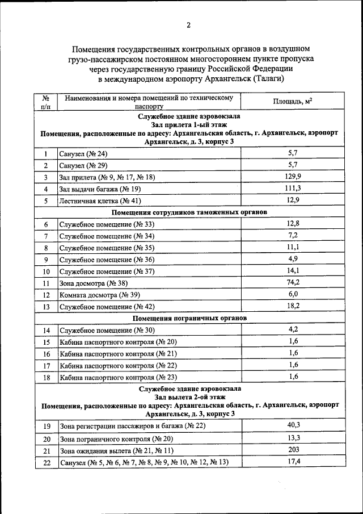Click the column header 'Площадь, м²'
(x=293, y=101)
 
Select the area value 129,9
(x=293, y=177)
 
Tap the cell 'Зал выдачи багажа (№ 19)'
(x=100, y=189)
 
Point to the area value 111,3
(x=293, y=189)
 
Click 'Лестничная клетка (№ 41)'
(x=100, y=201)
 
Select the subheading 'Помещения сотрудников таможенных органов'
(x=189, y=212)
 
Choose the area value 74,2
(x=293, y=282)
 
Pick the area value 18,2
(x=293, y=306)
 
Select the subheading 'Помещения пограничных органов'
(x=189, y=318)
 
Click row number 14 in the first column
(x=47, y=331)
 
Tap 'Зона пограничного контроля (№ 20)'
(x=116, y=439)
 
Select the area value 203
(x=293, y=450)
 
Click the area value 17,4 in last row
(x=293, y=462)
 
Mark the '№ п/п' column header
(x=46, y=102)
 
